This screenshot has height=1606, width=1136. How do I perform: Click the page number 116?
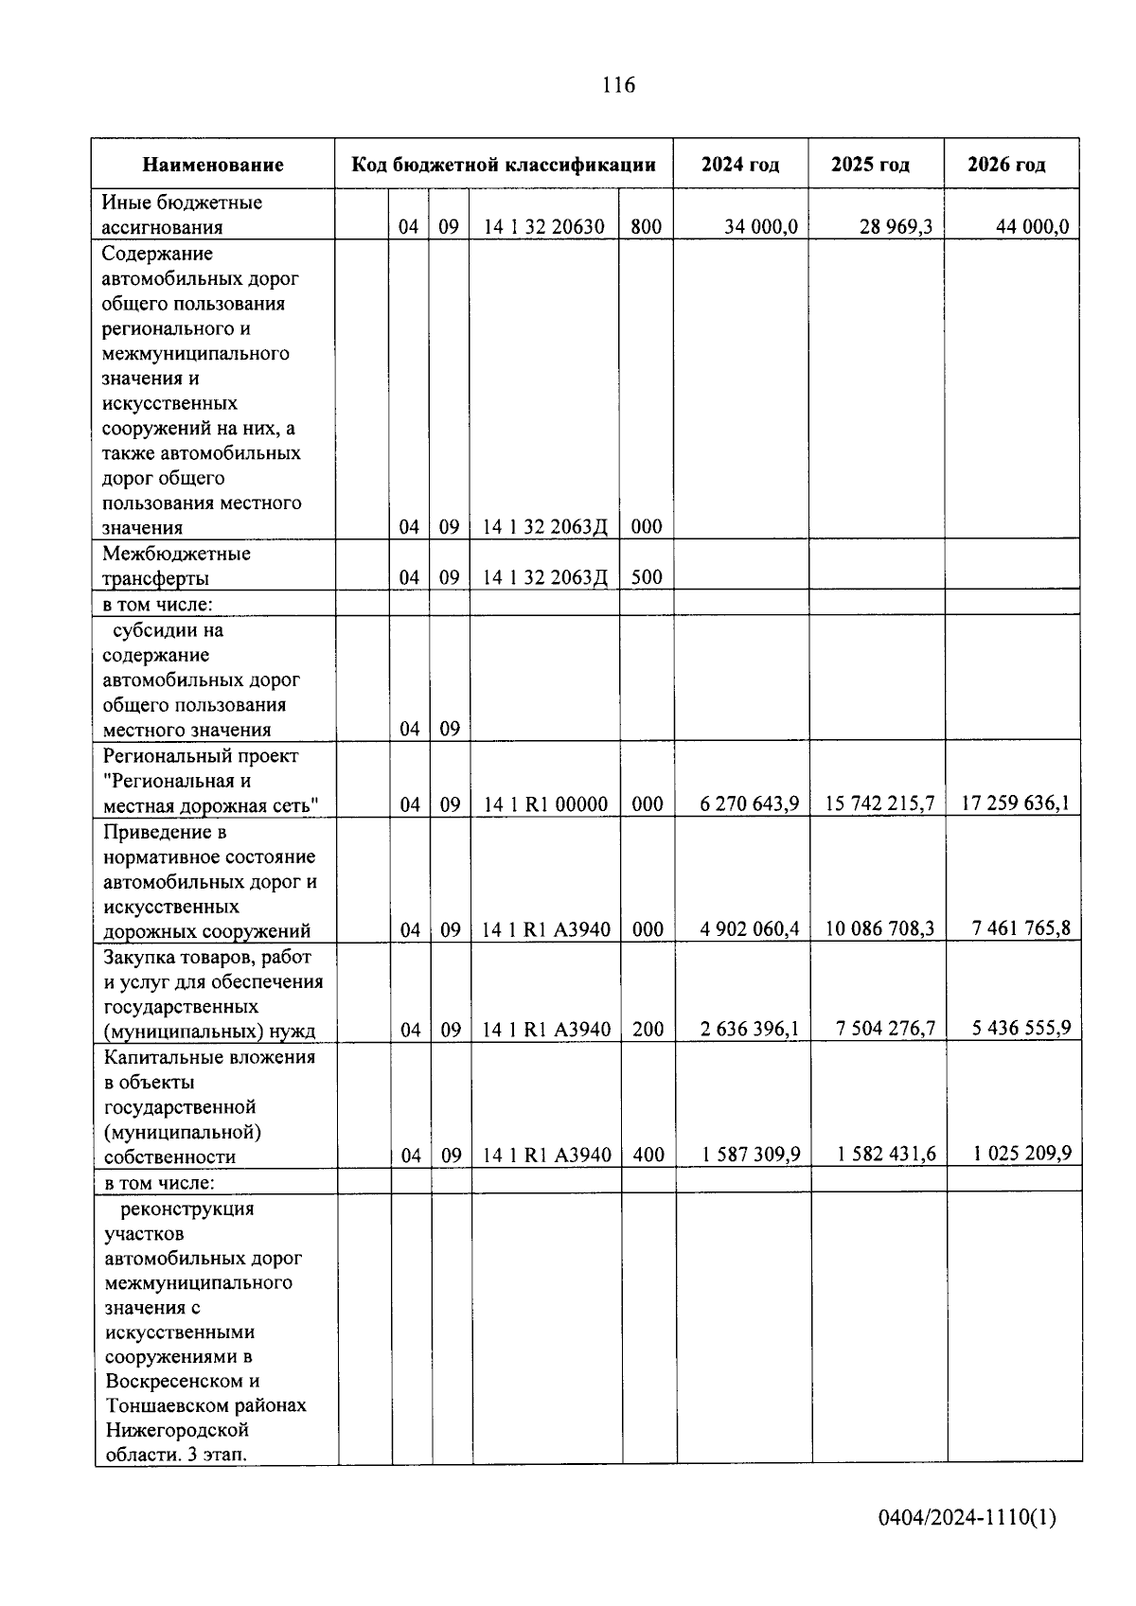pos(618,85)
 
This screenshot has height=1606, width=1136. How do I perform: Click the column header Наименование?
pos(213,165)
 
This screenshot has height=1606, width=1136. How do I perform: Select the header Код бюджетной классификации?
pos(504,165)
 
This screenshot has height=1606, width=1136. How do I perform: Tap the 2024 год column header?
pos(740,165)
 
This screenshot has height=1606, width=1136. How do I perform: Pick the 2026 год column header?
pos(1006,165)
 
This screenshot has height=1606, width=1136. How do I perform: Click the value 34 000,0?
pos(761,227)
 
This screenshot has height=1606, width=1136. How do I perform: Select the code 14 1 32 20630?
pos(543,227)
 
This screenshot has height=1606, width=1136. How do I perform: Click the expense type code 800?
pos(646,227)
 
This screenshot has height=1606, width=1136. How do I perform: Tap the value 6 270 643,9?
pos(750,803)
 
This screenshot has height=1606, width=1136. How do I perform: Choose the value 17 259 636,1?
pos(1016,803)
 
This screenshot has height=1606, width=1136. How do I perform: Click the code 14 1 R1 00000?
pos(545,804)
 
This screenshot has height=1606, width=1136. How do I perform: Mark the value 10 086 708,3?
pos(879,928)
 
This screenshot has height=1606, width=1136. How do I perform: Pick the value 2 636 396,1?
pos(750,1029)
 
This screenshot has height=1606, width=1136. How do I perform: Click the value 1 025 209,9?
pos(1022,1154)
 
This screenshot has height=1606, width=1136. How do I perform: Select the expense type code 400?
pos(648,1155)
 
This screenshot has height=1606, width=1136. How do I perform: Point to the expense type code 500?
pos(646,577)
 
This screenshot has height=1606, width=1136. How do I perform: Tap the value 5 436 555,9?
pos(1021,1028)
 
